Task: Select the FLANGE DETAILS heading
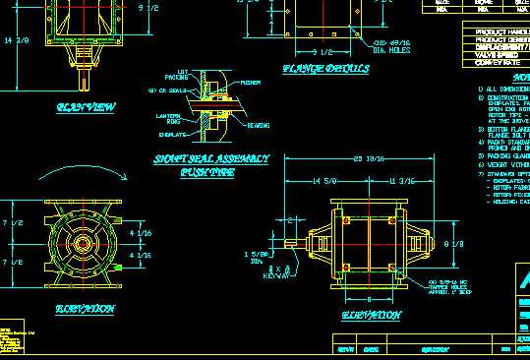(325, 69)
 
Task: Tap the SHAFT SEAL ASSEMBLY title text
(210, 158)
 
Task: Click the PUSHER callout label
(251, 84)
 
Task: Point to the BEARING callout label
(259, 125)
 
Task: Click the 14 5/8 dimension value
(324, 181)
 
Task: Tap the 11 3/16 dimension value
(402, 181)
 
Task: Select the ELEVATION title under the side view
(371, 315)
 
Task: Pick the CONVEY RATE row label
(497, 62)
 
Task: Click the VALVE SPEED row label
(497, 53)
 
